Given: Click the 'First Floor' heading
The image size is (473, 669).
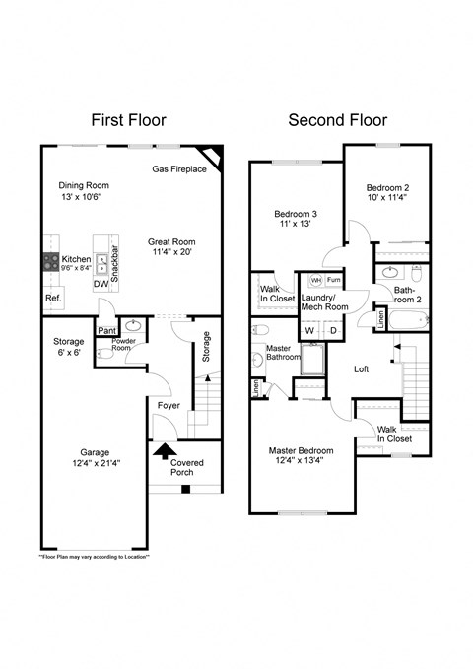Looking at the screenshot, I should (x=128, y=120).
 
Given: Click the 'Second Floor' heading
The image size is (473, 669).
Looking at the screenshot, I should (x=337, y=120).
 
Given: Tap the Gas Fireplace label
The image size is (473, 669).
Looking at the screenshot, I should (x=178, y=169).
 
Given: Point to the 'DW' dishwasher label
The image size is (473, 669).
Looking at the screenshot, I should (x=101, y=284).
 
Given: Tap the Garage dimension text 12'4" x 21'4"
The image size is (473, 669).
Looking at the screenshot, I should (x=95, y=465).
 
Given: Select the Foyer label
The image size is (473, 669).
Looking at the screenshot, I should (x=169, y=405).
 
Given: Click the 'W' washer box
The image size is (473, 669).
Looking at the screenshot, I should (x=308, y=330).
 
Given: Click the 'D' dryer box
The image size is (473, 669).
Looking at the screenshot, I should (x=333, y=330).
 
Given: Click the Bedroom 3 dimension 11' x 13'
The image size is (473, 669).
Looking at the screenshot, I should (x=296, y=224).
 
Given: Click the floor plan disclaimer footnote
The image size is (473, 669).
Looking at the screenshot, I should (x=96, y=557).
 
